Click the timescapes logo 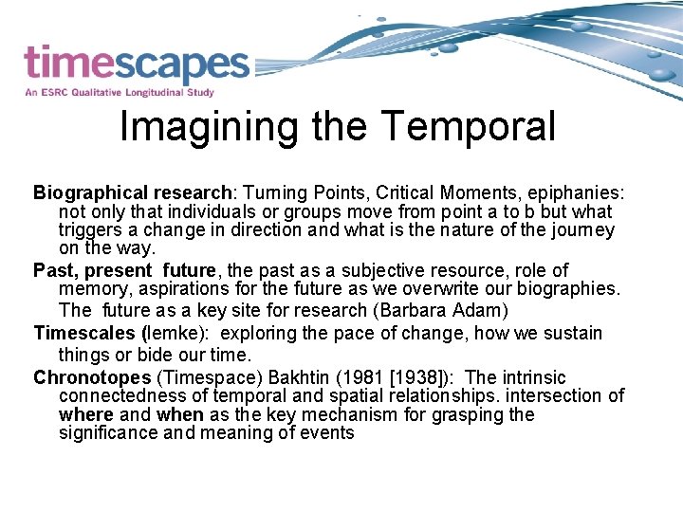coord(136,64)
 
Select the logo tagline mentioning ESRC coord(120,93)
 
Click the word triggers coord(88,230)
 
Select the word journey coord(581,230)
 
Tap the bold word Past coord(53,270)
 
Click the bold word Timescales coord(84,333)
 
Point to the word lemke coord(174,333)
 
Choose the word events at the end coord(327,433)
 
